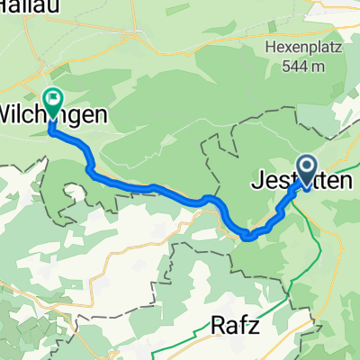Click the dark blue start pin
pyautogui.click(x=306, y=168)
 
